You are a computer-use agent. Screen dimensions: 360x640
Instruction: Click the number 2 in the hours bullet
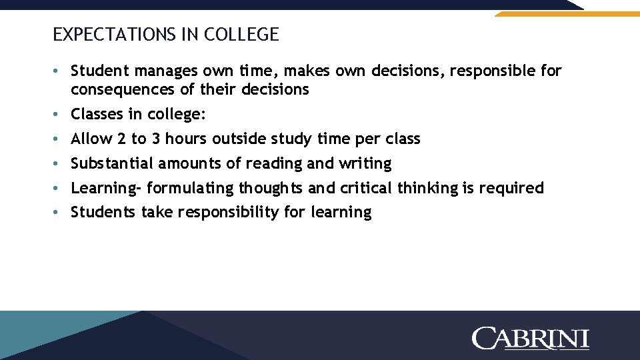coord(121,139)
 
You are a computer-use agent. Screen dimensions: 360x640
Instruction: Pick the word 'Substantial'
coord(112,163)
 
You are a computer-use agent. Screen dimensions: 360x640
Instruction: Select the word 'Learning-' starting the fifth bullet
coord(106,188)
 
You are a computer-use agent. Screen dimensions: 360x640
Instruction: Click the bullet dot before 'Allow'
coord(59,139)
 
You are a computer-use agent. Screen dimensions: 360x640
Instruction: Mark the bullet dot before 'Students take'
coord(59,213)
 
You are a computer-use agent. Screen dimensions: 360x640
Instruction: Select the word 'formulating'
coord(190,188)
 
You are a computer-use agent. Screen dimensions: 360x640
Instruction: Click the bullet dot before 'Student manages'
coord(59,71)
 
